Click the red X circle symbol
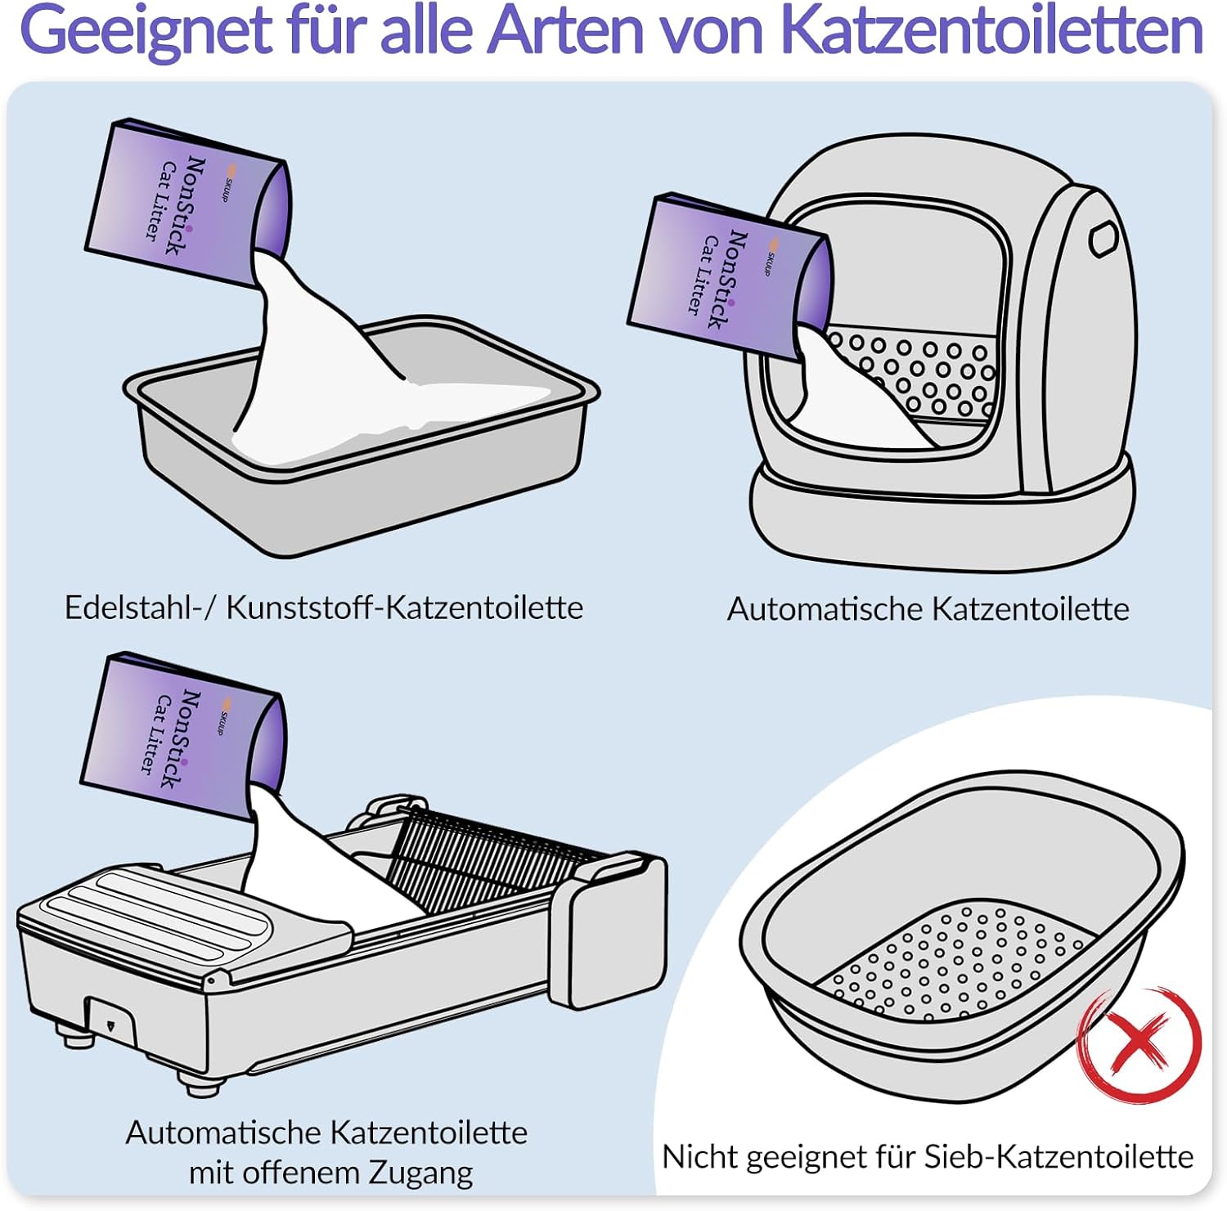click(1139, 1043)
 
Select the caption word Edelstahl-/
click(140, 608)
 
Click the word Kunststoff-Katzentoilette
click(404, 608)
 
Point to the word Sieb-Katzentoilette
click(1058, 1156)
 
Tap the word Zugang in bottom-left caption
click(420, 1172)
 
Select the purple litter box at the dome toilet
click(726, 276)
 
